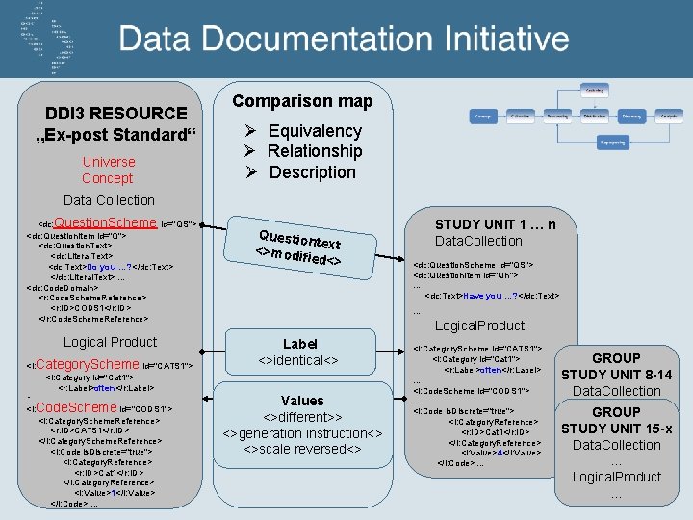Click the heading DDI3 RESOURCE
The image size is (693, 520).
[116, 113]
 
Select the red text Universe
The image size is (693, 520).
[108, 162]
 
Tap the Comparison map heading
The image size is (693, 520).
[302, 101]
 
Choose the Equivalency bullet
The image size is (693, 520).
[314, 131]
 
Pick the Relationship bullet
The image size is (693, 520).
[314, 151]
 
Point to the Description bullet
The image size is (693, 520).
[312, 172]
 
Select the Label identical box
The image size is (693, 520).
[300, 352]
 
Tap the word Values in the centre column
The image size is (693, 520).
[302, 401]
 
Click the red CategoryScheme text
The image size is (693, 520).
[88, 364]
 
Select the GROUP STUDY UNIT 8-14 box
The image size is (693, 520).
[616, 374]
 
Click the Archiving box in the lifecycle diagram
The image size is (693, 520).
[594, 91]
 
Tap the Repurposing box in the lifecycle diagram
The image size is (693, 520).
[612, 141]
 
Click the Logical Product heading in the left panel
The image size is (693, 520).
[110, 342]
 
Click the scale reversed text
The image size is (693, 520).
[302, 449]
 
